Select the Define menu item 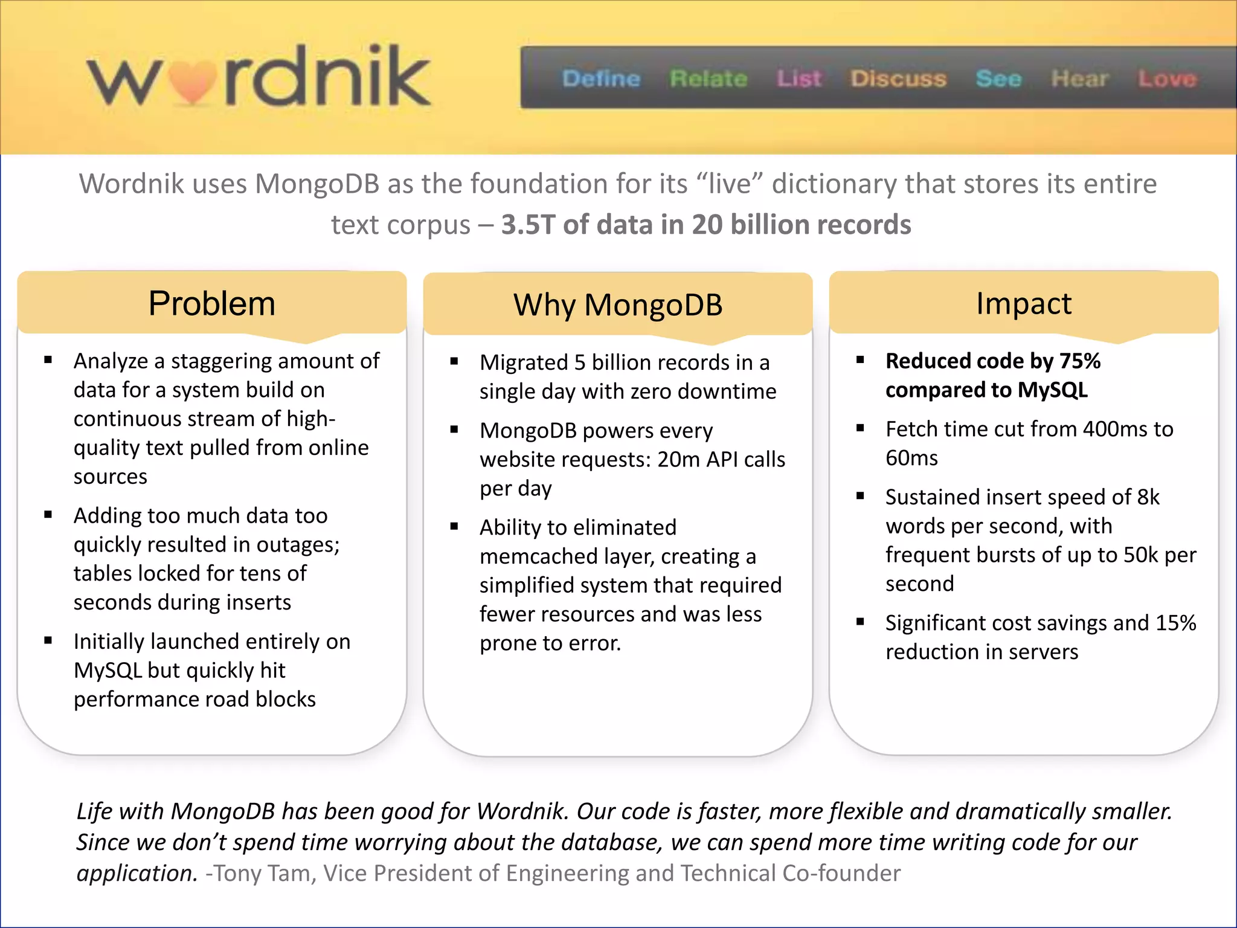[601, 79]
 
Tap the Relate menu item [708, 79]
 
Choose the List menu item [799, 79]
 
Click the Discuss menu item [898, 79]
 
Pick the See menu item [998, 79]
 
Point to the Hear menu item [1079, 79]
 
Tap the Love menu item [1167, 79]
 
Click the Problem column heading [211, 303]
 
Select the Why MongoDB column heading [618, 304]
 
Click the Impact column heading [1024, 303]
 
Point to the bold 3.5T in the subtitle [528, 225]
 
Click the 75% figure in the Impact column [1080, 361]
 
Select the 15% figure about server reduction [1175, 623]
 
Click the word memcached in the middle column [537, 556]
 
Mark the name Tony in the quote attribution [237, 874]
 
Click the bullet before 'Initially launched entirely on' [48, 640]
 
